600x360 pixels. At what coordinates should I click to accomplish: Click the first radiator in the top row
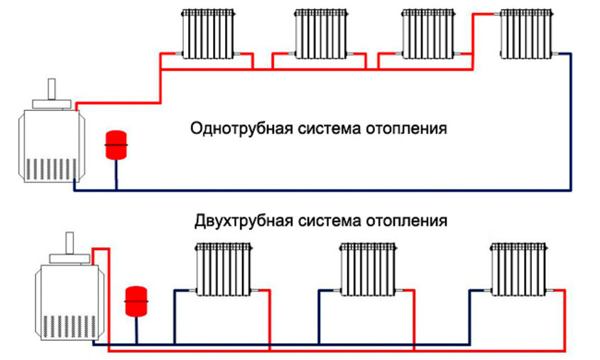click(x=207, y=33)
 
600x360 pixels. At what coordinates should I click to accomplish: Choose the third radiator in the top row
click(x=427, y=33)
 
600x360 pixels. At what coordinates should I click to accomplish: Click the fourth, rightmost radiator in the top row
click(x=526, y=33)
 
